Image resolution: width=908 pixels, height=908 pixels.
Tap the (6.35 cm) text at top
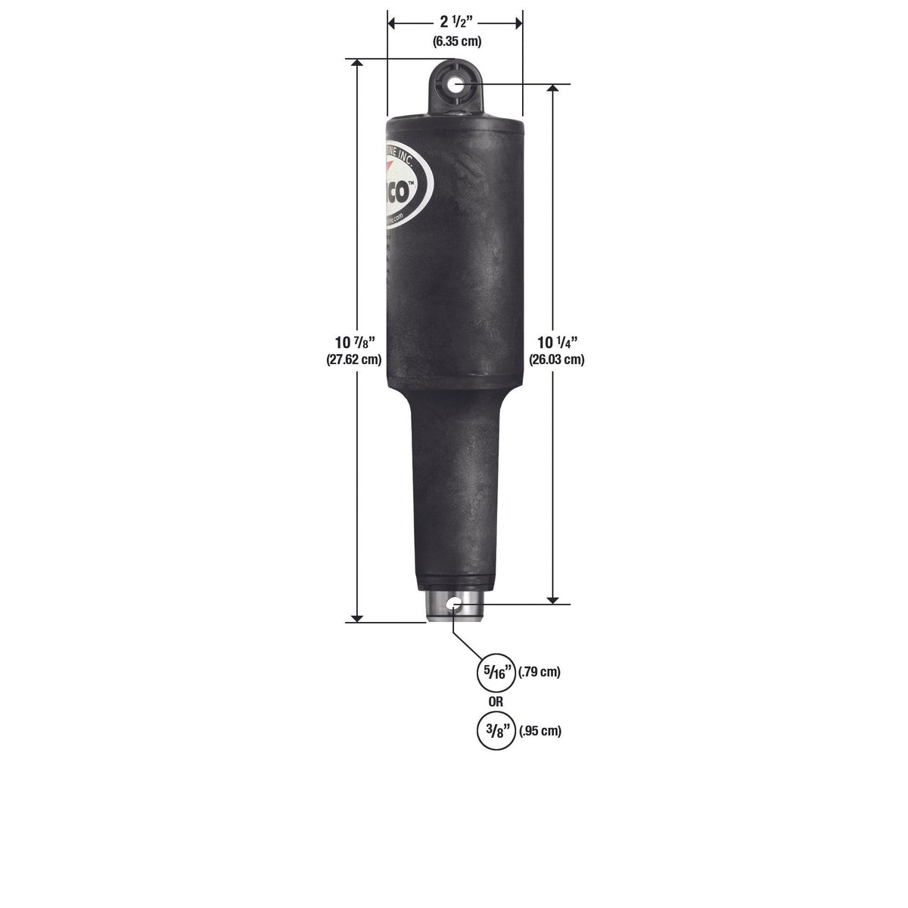pos(457,42)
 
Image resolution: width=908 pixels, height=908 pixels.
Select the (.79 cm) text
pos(540,672)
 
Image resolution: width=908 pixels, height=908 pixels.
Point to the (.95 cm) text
pos(540,731)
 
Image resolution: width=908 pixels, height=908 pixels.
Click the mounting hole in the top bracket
pos(456,84)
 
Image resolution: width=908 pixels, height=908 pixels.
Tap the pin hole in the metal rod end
pos(453,603)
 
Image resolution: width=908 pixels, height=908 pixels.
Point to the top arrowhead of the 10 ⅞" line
pos(356,65)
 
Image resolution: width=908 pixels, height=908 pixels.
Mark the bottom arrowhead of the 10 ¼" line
pos(554,598)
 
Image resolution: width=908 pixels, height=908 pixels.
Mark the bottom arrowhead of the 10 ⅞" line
pos(356,616)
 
